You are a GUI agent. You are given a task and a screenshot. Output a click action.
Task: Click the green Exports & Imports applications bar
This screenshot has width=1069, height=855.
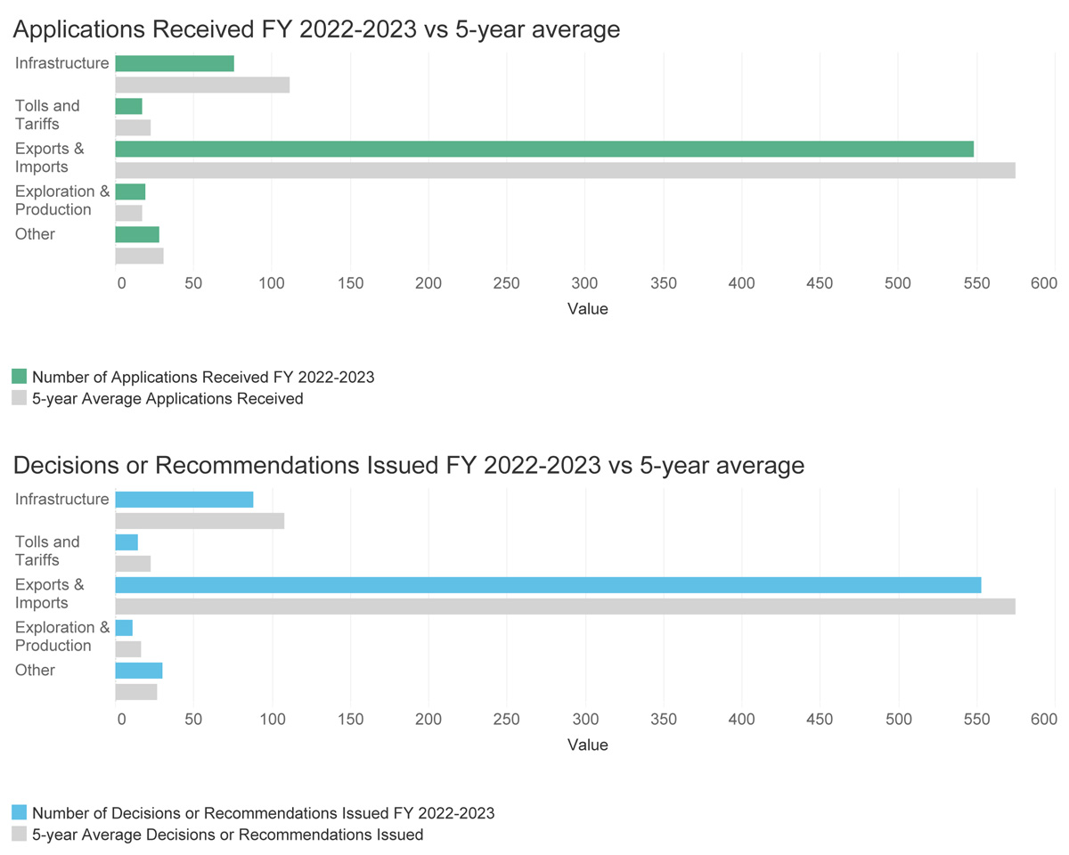click(544, 149)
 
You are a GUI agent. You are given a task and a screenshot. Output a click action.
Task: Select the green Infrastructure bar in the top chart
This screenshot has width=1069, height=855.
click(175, 63)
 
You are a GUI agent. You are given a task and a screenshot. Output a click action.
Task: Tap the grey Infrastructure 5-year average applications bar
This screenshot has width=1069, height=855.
click(202, 85)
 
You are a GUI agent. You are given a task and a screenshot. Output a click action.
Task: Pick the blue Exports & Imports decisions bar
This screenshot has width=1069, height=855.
click(548, 585)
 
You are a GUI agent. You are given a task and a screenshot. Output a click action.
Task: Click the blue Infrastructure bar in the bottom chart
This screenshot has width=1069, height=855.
click(184, 500)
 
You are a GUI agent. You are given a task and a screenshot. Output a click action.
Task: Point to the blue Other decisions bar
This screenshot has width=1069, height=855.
click(139, 671)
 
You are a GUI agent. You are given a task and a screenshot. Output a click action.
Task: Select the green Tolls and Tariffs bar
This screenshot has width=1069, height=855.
click(129, 106)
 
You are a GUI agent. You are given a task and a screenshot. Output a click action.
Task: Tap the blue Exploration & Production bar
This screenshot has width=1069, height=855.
click(124, 628)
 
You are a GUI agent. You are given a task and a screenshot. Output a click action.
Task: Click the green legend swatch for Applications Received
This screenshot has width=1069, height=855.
click(19, 377)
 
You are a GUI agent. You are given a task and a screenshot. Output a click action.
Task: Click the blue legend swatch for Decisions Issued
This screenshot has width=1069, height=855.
click(19, 812)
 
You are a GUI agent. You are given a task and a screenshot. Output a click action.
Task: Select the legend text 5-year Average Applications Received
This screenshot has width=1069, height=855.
click(167, 399)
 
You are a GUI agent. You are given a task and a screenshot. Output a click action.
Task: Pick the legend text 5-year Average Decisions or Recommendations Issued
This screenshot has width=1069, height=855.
click(227, 835)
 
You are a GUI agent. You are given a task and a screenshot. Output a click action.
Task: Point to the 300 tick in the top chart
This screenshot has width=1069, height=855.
click(584, 283)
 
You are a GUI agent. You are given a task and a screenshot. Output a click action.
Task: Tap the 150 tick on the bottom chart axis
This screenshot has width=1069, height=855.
click(351, 720)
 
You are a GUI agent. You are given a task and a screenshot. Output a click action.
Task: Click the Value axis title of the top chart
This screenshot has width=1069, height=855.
click(587, 309)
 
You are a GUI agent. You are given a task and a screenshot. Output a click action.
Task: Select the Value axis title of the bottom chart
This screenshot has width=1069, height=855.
click(587, 745)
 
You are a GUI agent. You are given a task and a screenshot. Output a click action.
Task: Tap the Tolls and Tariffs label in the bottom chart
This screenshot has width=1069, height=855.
click(47, 550)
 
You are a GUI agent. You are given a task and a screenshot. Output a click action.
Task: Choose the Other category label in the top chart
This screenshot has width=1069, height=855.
click(35, 234)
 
